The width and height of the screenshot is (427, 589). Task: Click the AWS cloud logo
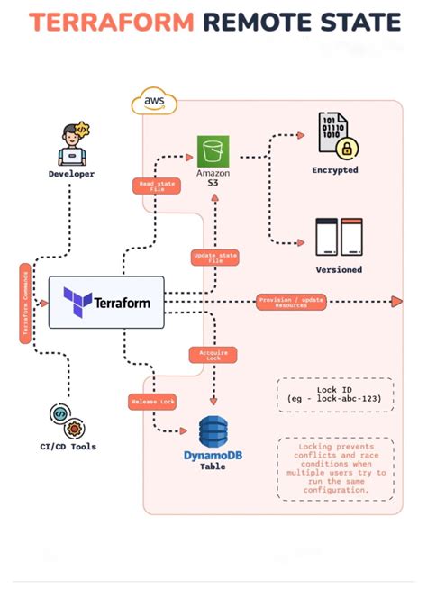click(x=154, y=103)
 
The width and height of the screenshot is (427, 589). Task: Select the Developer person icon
click(x=71, y=143)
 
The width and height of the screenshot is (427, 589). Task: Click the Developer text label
click(x=71, y=173)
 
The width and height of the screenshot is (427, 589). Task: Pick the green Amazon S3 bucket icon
click(x=213, y=150)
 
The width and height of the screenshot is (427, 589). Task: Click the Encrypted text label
click(x=335, y=169)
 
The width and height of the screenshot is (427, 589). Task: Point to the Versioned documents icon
click(x=339, y=237)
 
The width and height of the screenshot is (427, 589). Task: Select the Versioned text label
click(x=339, y=269)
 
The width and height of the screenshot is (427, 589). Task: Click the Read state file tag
click(x=159, y=186)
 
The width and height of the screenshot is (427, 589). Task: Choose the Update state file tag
click(x=215, y=258)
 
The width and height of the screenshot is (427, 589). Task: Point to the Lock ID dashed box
click(x=333, y=394)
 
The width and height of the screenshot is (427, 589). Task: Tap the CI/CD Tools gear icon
click(x=68, y=419)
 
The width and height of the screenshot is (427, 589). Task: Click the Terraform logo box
click(x=106, y=303)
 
